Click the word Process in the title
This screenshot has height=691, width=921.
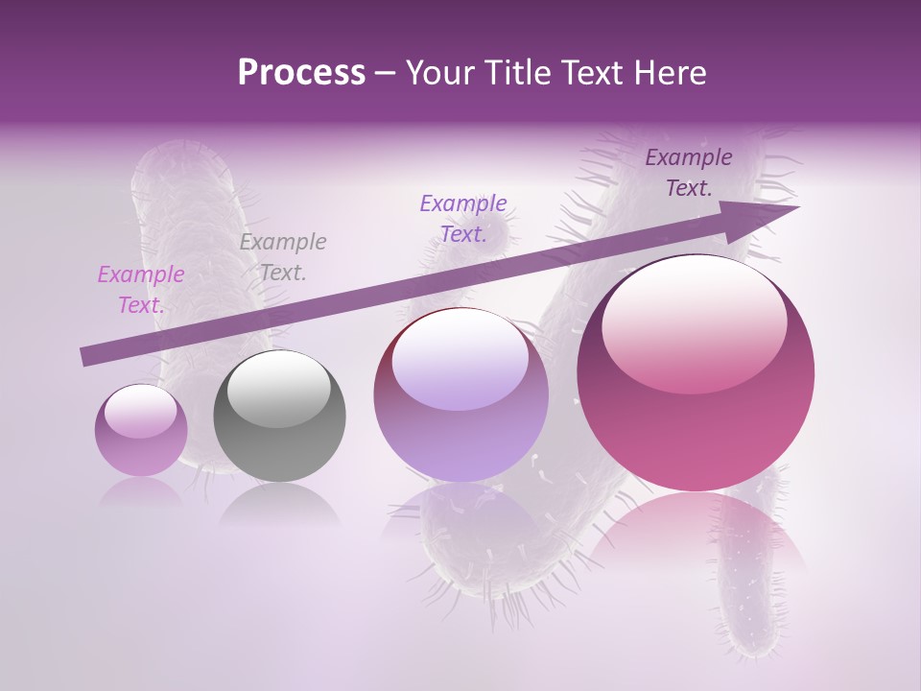click(x=301, y=73)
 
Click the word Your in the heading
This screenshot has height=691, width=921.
click(x=437, y=73)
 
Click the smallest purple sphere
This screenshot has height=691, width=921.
click(x=141, y=430)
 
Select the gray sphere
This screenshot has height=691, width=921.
click(x=279, y=416)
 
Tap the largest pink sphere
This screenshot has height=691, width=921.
click(x=696, y=374)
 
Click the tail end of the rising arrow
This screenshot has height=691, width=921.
click(x=83, y=356)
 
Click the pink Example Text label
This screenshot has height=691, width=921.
click(x=141, y=290)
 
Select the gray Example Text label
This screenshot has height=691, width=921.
click(x=283, y=257)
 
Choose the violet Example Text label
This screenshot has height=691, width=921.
click(x=463, y=219)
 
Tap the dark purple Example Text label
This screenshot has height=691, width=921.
click(x=689, y=173)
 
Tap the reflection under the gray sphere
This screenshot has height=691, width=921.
click(x=279, y=505)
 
